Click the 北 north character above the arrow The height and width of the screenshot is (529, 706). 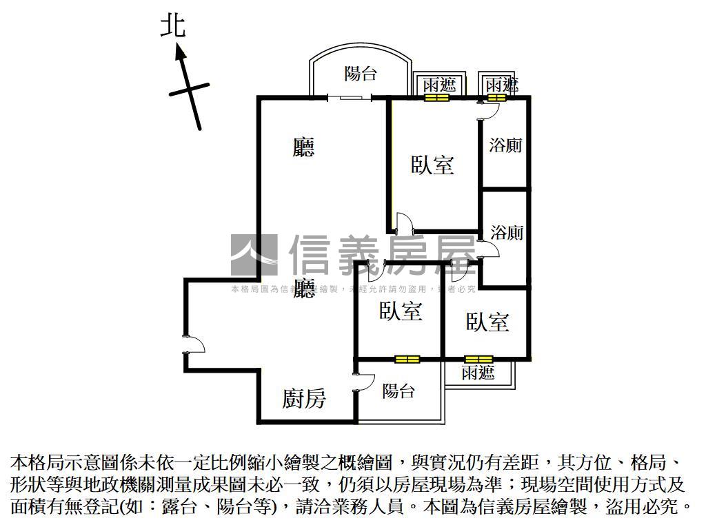(173, 26)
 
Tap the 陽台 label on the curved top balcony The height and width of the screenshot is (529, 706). (361, 73)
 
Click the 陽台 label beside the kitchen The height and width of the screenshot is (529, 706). (399, 391)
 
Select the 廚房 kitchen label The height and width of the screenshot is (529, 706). (304, 398)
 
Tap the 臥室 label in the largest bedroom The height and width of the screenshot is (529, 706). (432, 165)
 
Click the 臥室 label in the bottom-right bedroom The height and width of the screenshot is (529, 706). (487, 322)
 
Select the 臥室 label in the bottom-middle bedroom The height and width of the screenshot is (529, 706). (400, 311)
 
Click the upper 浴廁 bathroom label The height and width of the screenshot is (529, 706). (505, 145)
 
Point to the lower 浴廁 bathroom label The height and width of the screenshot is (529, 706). (507, 233)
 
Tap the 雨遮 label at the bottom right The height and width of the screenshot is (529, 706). (478, 373)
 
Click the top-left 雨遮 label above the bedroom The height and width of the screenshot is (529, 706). (439, 85)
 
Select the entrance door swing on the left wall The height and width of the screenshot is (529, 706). (194, 344)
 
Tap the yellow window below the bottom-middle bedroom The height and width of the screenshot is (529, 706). (407, 359)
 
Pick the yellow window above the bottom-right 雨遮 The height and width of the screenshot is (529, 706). (478, 359)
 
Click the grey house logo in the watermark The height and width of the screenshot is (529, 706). (254, 255)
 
